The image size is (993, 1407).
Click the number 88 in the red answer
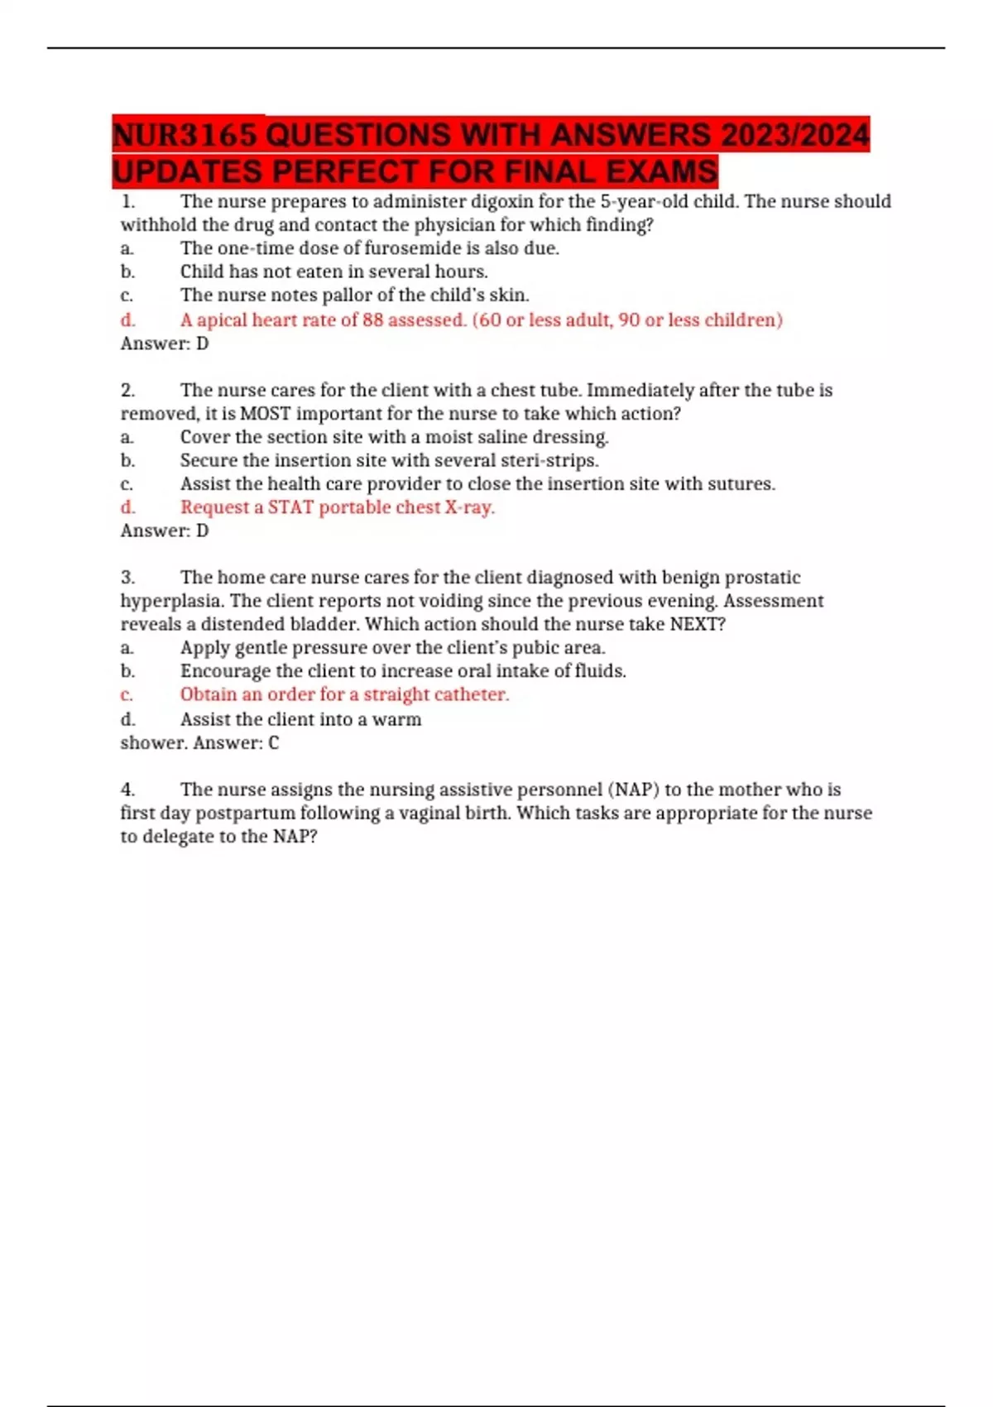(x=372, y=319)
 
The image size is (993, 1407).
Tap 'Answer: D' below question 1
(x=165, y=343)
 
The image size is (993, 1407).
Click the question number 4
(x=128, y=790)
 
